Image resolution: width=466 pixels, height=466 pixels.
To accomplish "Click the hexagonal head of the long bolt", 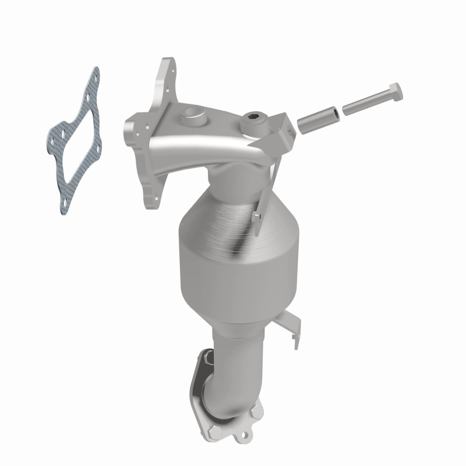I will (393, 93).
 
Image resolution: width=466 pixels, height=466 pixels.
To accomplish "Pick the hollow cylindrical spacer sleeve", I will (318, 117).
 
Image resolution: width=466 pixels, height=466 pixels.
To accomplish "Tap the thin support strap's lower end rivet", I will (256, 217).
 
